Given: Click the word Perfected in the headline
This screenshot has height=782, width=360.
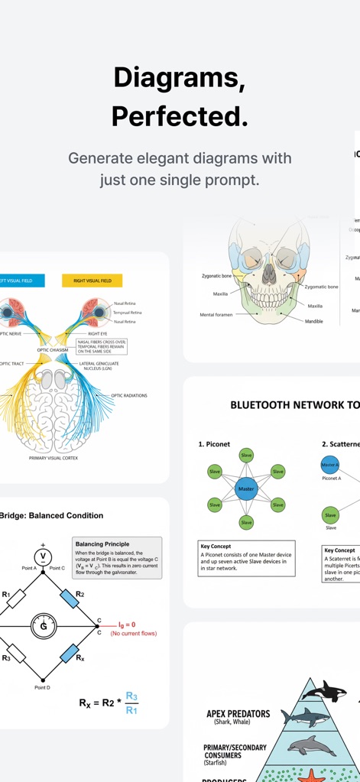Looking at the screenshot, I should [180, 116].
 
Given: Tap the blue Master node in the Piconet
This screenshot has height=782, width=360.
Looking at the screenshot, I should [246, 488].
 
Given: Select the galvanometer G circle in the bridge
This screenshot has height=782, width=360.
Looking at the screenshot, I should [44, 626].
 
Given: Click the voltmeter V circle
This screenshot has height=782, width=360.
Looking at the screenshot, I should [44, 556].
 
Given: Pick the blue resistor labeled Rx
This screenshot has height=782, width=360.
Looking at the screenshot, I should [70, 655].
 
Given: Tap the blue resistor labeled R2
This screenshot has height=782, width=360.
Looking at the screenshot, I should [70, 598].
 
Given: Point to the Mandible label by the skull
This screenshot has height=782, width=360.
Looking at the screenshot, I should [314, 321].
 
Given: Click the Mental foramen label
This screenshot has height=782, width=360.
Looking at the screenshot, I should [216, 314].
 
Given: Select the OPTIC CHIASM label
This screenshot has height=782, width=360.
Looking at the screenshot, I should [53, 350].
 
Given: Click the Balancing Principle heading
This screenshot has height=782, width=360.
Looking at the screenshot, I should [102, 544].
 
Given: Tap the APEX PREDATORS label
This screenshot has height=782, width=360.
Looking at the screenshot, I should [238, 714].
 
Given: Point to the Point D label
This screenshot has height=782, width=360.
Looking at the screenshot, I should [42, 688].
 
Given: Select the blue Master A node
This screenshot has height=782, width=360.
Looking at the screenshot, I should [329, 464].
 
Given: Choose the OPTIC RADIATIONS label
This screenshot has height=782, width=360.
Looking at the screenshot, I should [128, 395].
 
